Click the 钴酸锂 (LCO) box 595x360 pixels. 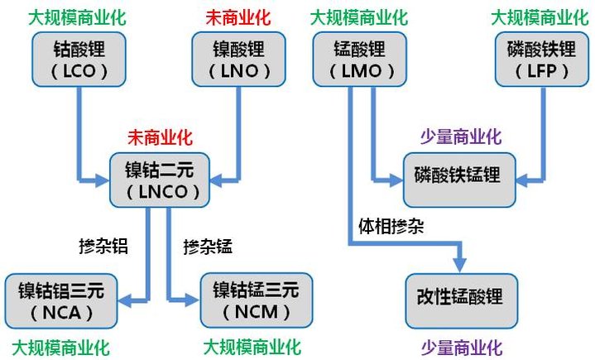pyautogui.click(x=76, y=59)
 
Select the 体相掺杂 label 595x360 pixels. pyautogui.click(x=391, y=226)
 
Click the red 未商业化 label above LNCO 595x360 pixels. pyautogui.click(x=158, y=137)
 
